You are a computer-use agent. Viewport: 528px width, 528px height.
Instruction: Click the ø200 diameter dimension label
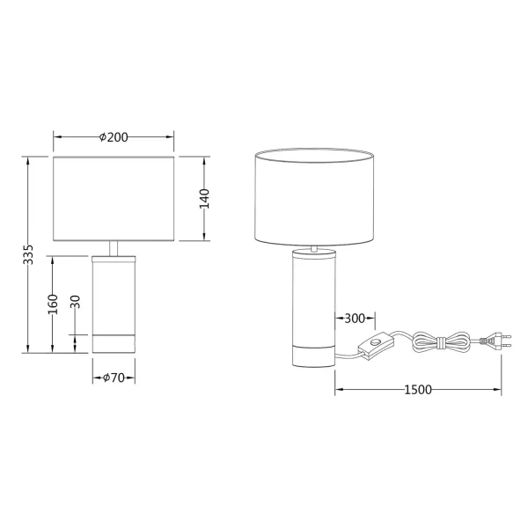[x=114, y=136]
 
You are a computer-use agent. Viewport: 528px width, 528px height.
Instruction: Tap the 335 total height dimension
[x=28, y=254]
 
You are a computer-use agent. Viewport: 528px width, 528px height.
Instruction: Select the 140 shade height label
[x=204, y=199]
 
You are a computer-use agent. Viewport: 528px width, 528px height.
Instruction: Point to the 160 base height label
[x=53, y=304]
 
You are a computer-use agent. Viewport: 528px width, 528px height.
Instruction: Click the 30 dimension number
[x=76, y=304]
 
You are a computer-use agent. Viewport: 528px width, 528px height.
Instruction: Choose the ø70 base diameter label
[x=114, y=378]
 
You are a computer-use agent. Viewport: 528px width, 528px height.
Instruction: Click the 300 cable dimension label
[x=356, y=318]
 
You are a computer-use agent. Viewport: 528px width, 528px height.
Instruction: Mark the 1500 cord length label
[x=417, y=389]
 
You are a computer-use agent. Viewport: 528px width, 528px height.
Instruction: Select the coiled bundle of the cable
[x=441, y=342]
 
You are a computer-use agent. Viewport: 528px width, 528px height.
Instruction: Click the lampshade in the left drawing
[x=114, y=199]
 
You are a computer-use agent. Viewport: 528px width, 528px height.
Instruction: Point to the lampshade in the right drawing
[x=314, y=198]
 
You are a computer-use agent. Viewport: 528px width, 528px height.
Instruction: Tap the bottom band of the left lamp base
[x=114, y=343]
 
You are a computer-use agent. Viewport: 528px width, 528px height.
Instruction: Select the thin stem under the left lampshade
[x=114, y=248]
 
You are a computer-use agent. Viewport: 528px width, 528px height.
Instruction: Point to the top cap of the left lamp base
[x=114, y=257]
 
